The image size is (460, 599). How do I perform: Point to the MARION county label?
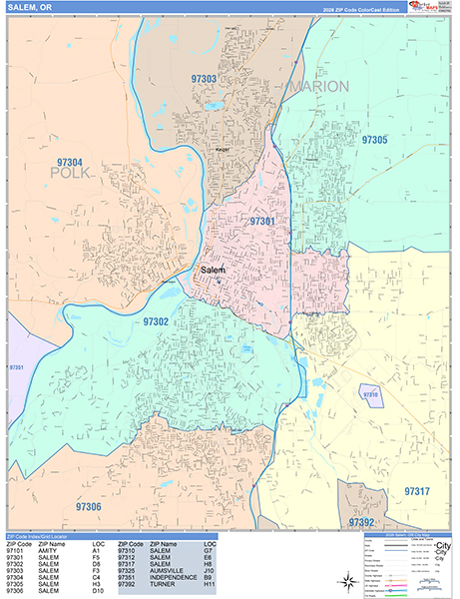pos(319,87)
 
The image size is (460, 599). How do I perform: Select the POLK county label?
pos(70,174)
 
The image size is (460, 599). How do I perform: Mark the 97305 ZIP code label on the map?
pos(374,140)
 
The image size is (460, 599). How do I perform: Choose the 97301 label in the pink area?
pos(262,221)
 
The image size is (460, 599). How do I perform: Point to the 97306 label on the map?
pos(88,507)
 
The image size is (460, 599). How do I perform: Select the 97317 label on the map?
pos(417,491)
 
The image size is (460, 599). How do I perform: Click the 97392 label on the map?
pos(360,521)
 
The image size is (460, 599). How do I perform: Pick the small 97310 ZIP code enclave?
pos(370,395)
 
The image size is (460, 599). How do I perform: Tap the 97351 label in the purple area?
pos(17,367)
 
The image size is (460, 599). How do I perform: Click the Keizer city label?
pos(222,151)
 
